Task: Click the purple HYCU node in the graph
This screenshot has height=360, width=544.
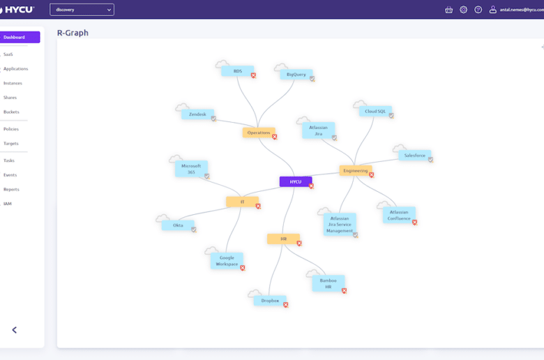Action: (x=296, y=181)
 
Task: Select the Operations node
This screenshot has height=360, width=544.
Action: (x=259, y=133)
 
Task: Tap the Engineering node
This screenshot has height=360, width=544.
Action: (x=356, y=170)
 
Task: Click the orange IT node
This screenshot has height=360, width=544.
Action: (x=242, y=202)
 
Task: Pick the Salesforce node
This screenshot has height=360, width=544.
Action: (x=414, y=155)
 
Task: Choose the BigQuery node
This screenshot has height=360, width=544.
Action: (x=296, y=74)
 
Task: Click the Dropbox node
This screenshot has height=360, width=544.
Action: (x=270, y=301)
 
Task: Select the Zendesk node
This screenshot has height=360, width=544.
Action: (x=197, y=114)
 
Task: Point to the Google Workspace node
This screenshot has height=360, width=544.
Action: (x=227, y=261)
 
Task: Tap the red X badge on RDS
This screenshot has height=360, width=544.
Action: (x=254, y=75)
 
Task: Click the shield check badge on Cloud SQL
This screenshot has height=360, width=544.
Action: (x=391, y=116)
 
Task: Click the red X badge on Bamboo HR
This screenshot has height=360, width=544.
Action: (x=344, y=291)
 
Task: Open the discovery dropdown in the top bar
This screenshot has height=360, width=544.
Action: (x=82, y=10)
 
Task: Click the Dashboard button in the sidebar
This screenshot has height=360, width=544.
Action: (x=20, y=37)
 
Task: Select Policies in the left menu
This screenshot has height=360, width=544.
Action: (x=11, y=129)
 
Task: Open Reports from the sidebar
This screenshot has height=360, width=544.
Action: (x=11, y=190)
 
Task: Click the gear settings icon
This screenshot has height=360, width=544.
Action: (x=464, y=10)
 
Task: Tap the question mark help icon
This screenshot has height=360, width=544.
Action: (x=478, y=10)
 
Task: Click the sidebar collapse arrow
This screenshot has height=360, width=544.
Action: (x=14, y=330)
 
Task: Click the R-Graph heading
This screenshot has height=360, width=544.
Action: (x=73, y=33)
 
